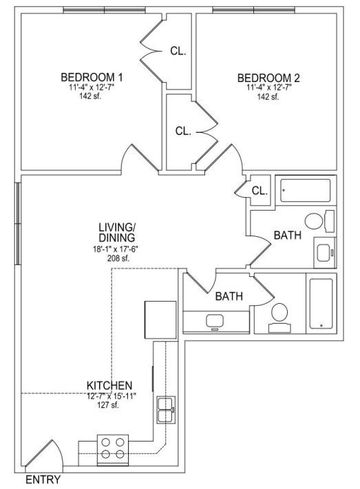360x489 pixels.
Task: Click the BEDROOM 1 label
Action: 92,77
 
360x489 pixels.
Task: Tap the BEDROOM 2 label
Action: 268,78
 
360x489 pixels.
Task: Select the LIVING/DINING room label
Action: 117,232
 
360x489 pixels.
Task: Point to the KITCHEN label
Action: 109,385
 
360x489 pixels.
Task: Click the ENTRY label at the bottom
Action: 43,479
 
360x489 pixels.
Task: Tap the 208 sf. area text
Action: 118,258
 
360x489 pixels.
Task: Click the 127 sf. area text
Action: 108,406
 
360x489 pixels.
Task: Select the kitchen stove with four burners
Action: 113,450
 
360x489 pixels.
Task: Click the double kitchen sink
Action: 166,410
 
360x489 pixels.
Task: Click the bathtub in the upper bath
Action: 306,190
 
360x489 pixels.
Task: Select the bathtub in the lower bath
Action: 321,304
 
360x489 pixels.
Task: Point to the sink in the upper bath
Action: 325,252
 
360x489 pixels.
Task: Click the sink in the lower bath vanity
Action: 215,322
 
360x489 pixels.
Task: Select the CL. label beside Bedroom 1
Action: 178,51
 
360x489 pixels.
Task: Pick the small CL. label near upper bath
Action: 260,191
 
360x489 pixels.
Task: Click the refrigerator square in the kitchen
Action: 160,320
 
